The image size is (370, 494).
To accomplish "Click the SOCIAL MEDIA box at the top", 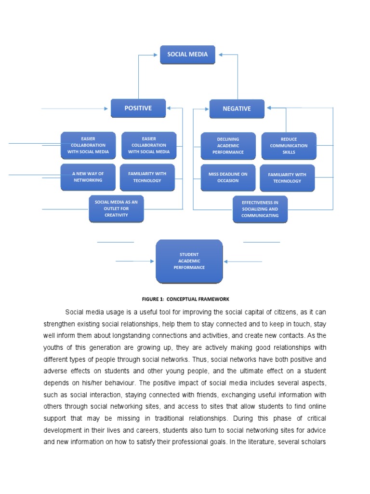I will (187, 55).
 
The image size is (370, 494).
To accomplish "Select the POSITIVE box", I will (138, 108).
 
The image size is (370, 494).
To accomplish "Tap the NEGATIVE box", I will (237, 109).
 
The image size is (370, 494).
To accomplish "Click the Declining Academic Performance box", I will (228, 146).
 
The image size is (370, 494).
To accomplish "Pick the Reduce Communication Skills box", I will (289, 146).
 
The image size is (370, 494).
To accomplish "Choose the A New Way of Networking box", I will (88, 177).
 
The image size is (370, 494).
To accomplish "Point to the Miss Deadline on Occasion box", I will (228, 177).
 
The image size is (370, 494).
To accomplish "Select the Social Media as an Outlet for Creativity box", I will (116, 208).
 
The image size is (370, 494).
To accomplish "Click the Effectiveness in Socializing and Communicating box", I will (260, 209).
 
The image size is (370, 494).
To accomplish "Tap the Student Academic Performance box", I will (189, 261).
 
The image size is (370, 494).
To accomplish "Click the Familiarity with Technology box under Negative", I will (287, 178).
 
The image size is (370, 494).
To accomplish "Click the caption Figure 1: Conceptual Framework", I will (185, 299).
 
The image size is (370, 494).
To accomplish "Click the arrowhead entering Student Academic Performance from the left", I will (152, 261).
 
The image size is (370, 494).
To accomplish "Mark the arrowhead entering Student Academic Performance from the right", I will (226, 261).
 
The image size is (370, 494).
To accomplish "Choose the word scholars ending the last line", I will (313, 441).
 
